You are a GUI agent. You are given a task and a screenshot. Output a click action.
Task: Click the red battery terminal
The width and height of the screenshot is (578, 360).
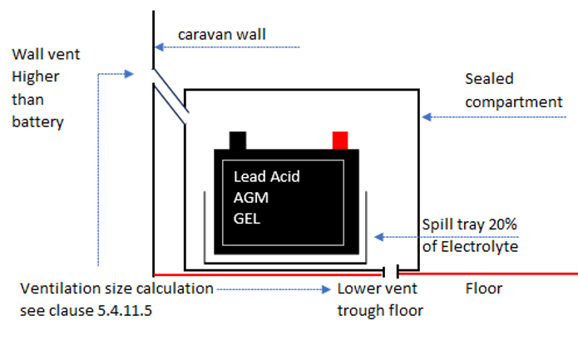(339, 140)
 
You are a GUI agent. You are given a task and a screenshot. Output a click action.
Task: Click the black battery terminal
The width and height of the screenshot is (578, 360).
(238, 140)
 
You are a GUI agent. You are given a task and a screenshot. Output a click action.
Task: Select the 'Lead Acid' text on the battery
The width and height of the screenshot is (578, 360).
(266, 176)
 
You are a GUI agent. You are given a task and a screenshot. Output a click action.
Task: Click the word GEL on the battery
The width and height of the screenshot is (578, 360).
(248, 218)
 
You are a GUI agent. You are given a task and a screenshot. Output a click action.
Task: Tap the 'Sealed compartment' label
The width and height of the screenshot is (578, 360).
(513, 91)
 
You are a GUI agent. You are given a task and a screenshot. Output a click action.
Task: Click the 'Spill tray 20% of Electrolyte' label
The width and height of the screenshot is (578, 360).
(470, 235)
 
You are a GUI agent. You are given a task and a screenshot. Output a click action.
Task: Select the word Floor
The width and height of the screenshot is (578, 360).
(483, 289)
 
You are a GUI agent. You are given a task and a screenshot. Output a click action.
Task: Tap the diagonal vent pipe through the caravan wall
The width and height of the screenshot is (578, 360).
(170, 96)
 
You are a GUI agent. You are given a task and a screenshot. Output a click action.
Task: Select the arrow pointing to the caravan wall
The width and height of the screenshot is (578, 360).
(225, 47)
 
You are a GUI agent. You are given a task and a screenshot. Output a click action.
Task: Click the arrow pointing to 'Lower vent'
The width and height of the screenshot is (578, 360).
(274, 290)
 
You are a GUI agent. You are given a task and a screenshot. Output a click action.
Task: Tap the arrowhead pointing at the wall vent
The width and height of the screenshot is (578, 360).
(130, 74)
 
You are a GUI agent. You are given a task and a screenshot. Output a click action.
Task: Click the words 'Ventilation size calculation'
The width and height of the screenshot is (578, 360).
(116, 289)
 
